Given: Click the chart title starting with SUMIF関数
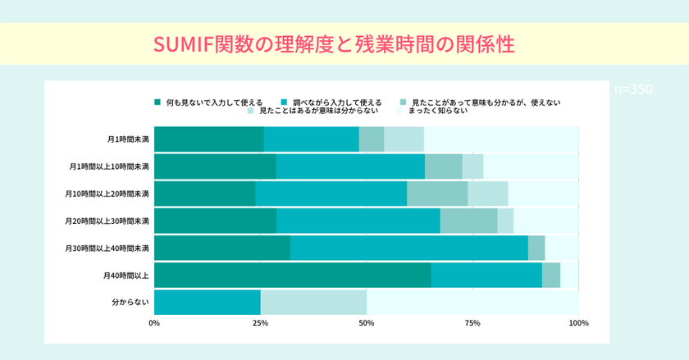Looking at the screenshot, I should tap(335, 44).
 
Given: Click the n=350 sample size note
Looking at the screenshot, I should tap(633, 89).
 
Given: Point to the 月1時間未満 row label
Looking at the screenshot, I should tap(128, 139).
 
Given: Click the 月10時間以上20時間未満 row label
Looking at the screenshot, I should tap(107, 194).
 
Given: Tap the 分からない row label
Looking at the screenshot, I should tap(130, 302).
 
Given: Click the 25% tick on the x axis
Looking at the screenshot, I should tap(260, 323).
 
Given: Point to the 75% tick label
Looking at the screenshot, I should tap(472, 323).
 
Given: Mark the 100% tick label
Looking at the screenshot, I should tap(578, 323).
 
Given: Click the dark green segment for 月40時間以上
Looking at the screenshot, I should tap(292, 275).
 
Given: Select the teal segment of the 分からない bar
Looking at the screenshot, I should tap(207, 302).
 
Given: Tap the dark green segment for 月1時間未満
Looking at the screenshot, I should tap(208, 139).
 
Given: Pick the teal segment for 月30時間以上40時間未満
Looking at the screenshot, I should tap(408, 248).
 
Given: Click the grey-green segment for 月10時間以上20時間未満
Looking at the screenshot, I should tap(437, 194).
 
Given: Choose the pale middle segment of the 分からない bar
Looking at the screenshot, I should tap(313, 302).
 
